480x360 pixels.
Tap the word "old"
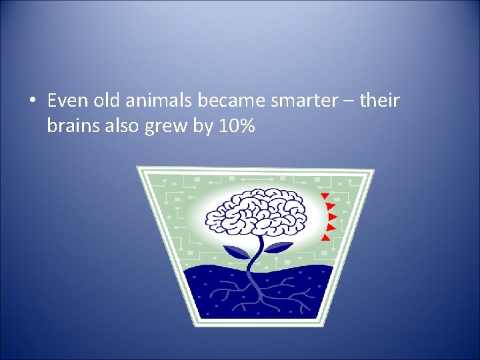105,101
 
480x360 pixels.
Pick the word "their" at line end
379,101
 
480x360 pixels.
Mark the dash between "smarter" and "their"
341,102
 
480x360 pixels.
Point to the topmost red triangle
324,196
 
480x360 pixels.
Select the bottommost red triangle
325,237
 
